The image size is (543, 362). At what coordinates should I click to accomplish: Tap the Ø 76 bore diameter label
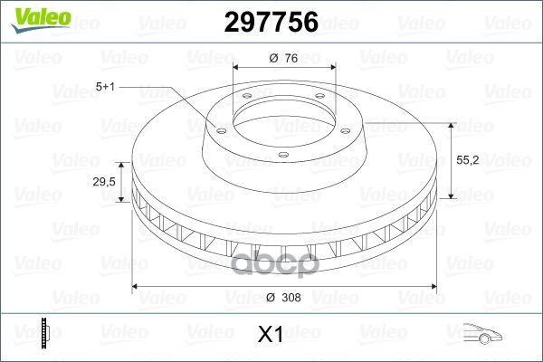pos(283,59)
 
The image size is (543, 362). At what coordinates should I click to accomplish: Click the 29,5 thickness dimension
pos(105,183)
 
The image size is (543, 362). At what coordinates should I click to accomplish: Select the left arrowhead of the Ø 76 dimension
pos(237,68)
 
